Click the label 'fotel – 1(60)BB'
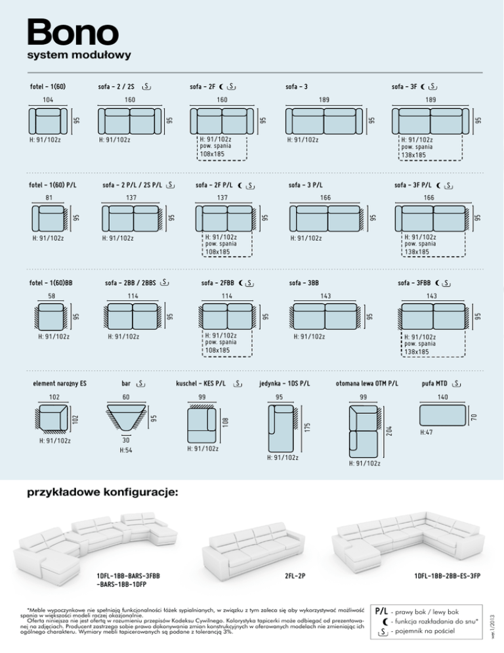51,283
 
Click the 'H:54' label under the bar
125,450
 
